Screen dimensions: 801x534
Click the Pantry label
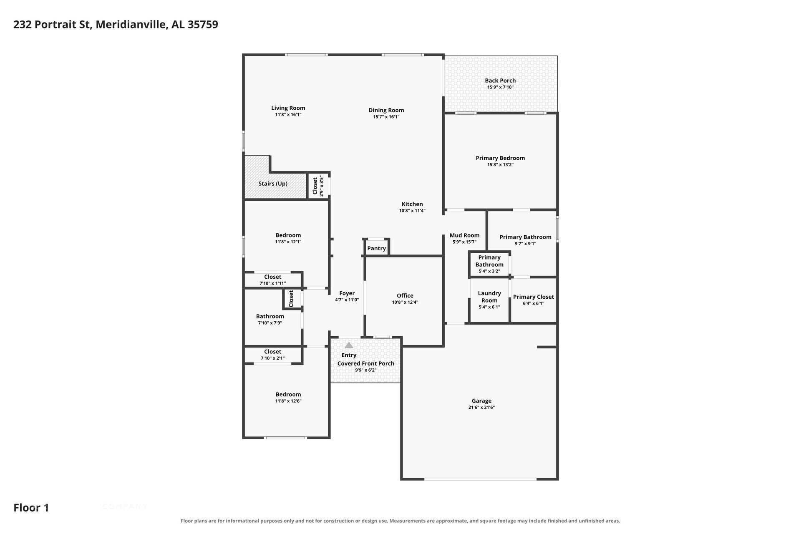[x=376, y=248]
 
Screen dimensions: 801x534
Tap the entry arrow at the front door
[x=349, y=345]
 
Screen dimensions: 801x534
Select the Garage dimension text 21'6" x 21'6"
[x=481, y=408]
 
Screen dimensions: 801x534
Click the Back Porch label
[x=500, y=81]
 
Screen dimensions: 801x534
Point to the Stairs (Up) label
[x=273, y=184]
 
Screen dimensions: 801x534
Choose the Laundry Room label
[x=489, y=297]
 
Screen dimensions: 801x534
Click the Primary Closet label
[x=534, y=297]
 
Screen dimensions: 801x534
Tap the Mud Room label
[x=464, y=235]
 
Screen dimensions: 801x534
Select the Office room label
[x=405, y=295]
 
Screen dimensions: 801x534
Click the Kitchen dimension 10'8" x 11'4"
[x=412, y=211]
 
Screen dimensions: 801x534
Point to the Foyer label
[x=347, y=293]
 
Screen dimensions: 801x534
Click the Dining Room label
[x=386, y=110]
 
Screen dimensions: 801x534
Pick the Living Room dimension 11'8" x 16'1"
[x=288, y=114]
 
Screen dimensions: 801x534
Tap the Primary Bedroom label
[x=501, y=158]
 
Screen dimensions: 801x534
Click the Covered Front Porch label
[x=366, y=363]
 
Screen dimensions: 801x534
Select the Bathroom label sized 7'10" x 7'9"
[x=270, y=316]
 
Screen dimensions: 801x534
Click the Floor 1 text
[x=31, y=508]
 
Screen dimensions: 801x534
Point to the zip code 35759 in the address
[x=203, y=24]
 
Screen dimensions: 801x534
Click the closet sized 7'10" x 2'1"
[x=273, y=355]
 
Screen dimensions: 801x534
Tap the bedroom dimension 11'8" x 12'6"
[x=288, y=401]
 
